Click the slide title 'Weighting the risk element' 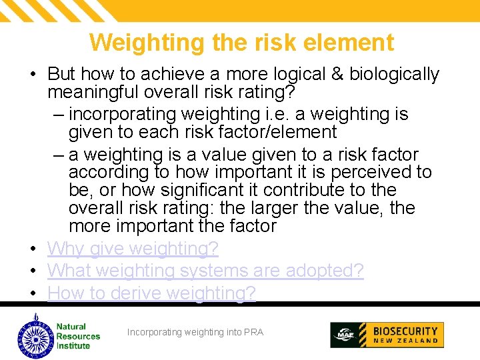pyautogui.click(x=241, y=43)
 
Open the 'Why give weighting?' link pyautogui.click(x=133, y=249)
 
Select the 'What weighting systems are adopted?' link pyautogui.click(x=205, y=271)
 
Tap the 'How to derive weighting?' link pyautogui.click(x=151, y=293)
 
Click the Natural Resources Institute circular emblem pyautogui.click(x=34, y=335)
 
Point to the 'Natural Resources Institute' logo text pyautogui.click(x=77, y=336)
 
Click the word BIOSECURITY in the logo pyautogui.click(x=405, y=331)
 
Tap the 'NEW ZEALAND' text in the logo pyautogui.click(x=405, y=341)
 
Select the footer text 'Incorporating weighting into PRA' pyautogui.click(x=195, y=332)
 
